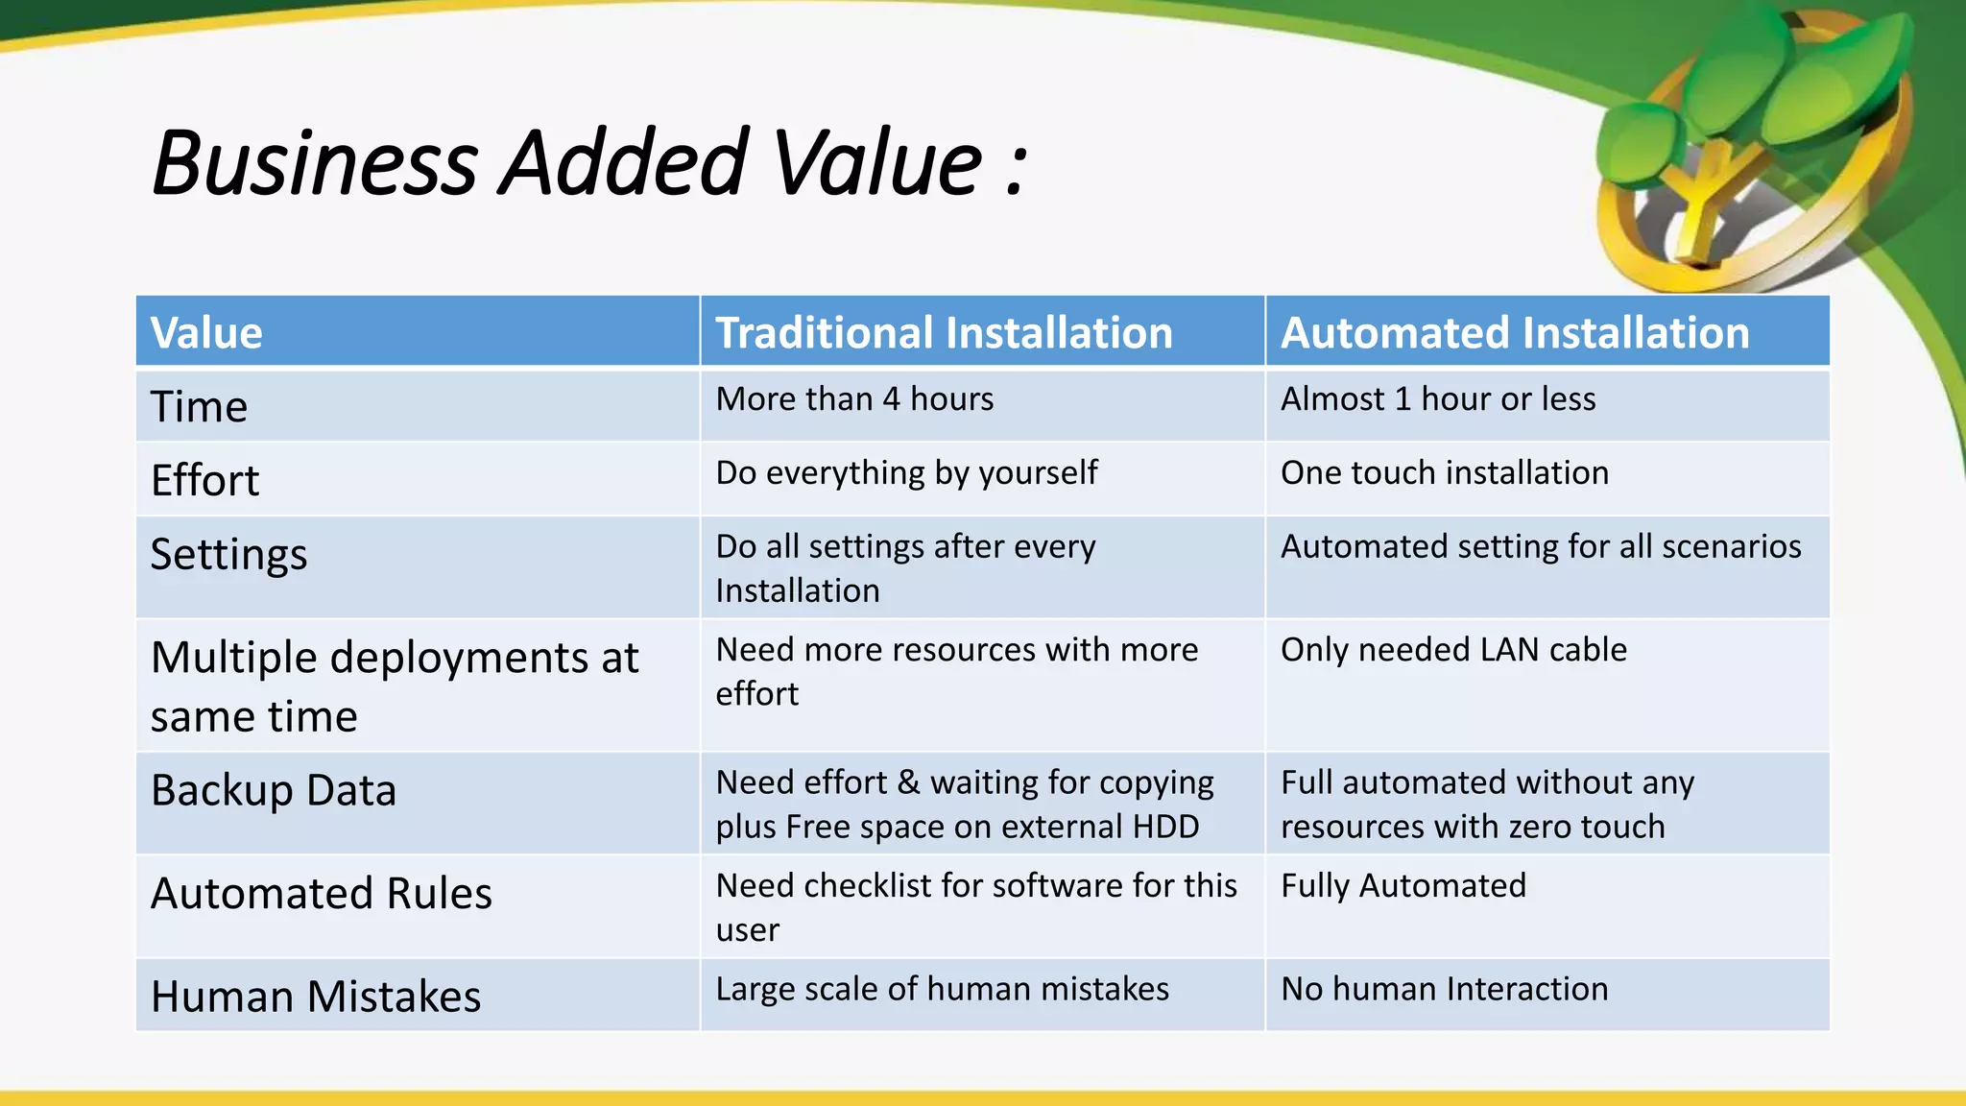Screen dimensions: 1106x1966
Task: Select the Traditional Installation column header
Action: tap(944, 333)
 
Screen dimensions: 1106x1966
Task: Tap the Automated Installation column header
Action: tap(1514, 333)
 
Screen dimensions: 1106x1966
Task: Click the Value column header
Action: tap(206, 333)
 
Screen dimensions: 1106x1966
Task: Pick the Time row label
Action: tap(200, 406)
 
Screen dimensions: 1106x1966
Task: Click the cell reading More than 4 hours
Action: tap(854, 398)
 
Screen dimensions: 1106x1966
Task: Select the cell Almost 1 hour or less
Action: tap(1437, 398)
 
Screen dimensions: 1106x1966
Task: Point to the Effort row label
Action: tap(205, 480)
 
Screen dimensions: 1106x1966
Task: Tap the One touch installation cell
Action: tap(1444, 472)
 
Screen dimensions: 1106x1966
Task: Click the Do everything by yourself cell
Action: tap(906, 472)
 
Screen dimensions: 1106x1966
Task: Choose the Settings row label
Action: tap(228, 554)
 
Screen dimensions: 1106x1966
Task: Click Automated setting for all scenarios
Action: tap(1540, 546)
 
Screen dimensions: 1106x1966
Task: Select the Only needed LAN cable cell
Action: tap(1452, 650)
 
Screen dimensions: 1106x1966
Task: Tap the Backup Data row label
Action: tap(274, 790)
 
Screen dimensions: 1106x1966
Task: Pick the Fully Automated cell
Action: tap(1403, 885)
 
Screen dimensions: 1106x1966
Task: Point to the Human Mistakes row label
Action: tap(316, 997)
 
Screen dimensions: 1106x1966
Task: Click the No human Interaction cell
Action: tap(1444, 989)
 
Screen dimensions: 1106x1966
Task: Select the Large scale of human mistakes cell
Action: tap(942, 989)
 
